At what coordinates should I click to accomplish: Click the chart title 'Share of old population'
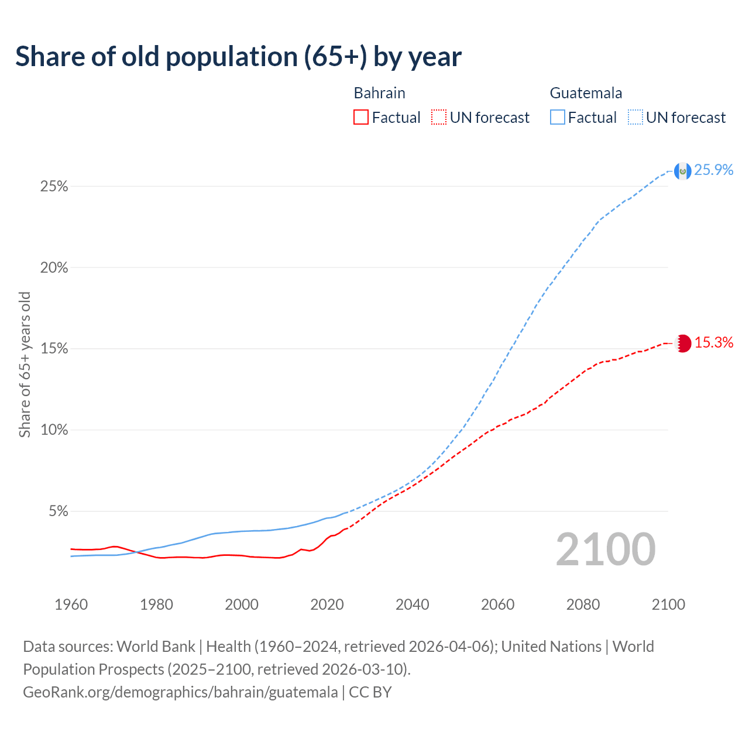[x=238, y=57]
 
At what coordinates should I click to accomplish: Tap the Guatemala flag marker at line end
[x=682, y=171]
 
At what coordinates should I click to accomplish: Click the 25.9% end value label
[x=714, y=170]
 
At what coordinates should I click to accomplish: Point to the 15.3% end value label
[x=714, y=343]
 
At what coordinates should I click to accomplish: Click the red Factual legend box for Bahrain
[x=361, y=118]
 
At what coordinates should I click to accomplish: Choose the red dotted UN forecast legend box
[x=439, y=118]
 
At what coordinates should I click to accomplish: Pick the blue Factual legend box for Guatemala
[x=557, y=118]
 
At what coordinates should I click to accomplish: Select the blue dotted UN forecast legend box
[x=635, y=118]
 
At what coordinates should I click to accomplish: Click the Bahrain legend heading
[x=379, y=93]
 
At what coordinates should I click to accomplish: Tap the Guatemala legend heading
[x=586, y=93]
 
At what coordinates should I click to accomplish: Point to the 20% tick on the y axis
[x=54, y=268]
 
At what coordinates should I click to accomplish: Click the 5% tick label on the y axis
[x=57, y=511]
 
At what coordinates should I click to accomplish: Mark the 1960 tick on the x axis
[x=71, y=604]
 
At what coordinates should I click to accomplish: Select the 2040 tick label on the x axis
[x=412, y=604]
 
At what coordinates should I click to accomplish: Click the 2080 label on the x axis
[x=583, y=604]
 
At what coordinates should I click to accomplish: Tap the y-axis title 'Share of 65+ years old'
[x=25, y=364]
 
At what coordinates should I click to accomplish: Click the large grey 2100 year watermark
[x=606, y=549]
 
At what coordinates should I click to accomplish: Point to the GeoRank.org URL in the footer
[x=180, y=692]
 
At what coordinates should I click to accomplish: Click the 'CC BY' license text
[x=370, y=692]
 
